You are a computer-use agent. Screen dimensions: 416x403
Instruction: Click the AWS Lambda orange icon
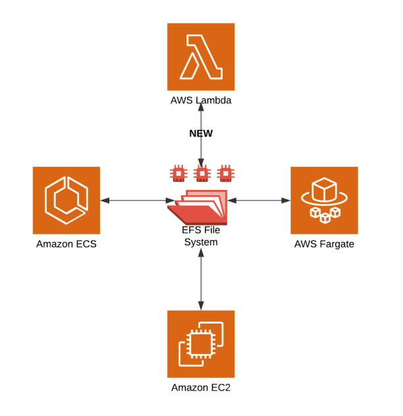pyautogui.click(x=201, y=57)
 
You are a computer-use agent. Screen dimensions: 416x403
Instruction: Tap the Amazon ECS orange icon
pyautogui.click(x=67, y=200)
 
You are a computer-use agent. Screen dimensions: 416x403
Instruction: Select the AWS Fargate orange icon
pyautogui.click(x=324, y=200)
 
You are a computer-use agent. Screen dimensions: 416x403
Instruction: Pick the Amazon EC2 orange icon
pyautogui.click(x=201, y=343)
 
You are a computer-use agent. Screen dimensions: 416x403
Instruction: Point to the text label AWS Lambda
pyautogui.click(x=201, y=101)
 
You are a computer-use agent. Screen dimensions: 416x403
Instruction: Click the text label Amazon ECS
pyautogui.click(x=67, y=245)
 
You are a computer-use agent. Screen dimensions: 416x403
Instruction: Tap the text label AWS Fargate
pyautogui.click(x=324, y=245)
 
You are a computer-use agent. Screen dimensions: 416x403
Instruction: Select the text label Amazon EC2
pyautogui.click(x=201, y=388)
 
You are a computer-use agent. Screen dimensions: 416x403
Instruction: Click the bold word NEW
pyautogui.click(x=201, y=133)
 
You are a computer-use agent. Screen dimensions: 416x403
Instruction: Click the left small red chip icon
pyautogui.click(x=177, y=173)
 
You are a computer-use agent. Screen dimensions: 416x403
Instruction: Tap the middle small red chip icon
pyautogui.click(x=201, y=173)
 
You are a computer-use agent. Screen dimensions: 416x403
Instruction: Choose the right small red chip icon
pyautogui.click(x=225, y=173)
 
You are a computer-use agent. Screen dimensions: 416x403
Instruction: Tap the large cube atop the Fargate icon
pyautogui.click(x=324, y=192)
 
